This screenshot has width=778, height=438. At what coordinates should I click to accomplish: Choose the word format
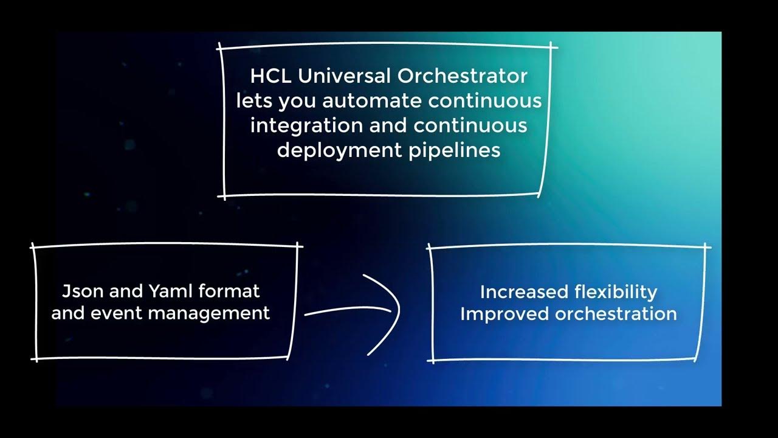click(x=229, y=291)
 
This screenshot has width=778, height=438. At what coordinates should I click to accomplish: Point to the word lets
click(x=255, y=101)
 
